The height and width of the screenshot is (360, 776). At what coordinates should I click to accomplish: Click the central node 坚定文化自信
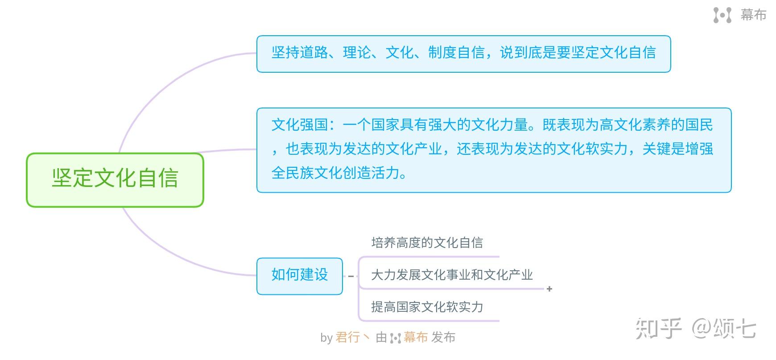[115, 180]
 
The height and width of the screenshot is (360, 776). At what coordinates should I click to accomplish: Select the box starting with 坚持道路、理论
[463, 54]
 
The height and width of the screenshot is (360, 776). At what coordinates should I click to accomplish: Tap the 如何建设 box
[300, 276]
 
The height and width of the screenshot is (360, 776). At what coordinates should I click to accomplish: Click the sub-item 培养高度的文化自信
[427, 243]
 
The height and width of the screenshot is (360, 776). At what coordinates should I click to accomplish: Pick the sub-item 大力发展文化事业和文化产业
[452, 275]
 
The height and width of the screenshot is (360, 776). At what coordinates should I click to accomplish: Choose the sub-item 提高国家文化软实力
[427, 307]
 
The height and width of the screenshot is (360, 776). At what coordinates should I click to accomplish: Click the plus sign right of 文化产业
[549, 289]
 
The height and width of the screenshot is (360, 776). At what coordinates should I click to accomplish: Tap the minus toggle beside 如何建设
[351, 277]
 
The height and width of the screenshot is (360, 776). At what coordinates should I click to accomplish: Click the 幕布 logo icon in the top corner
[722, 15]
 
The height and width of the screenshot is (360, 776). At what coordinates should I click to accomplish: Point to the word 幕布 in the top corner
[753, 15]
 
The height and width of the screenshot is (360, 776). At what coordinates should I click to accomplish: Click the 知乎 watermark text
[658, 329]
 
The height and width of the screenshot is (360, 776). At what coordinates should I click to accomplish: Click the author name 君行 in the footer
[348, 338]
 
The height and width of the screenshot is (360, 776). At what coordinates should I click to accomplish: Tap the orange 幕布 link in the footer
[416, 338]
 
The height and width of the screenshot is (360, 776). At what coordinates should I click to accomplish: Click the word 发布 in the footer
[443, 338]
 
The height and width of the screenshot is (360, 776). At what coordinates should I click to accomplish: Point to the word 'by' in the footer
[326, 338]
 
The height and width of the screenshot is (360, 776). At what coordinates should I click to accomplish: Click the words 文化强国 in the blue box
[300, 125]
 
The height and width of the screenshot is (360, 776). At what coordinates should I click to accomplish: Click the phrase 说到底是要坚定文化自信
[578, 53]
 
